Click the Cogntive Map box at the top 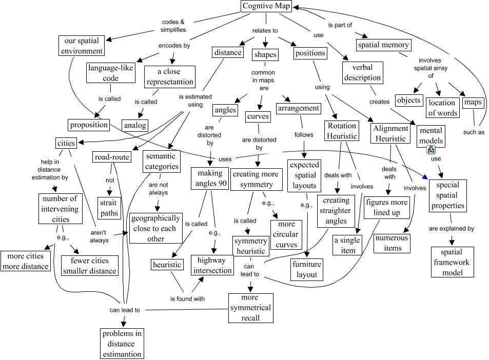click(265, 7)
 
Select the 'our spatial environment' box click(81, 46)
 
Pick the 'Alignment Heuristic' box click(390, 133)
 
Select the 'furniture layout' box click(307, 269)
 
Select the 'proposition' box click(89, 124)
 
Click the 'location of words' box click(442, 108)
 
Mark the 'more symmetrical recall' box click(250, 307)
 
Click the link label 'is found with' click(188, 298)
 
